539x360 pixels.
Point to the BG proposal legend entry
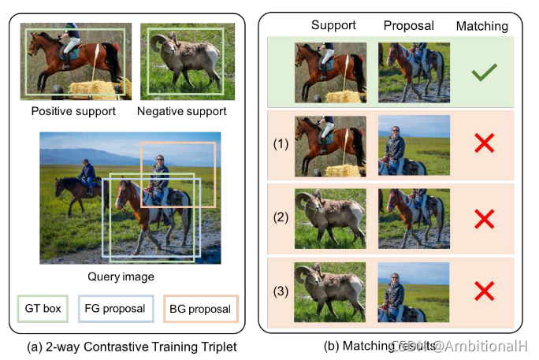[199, 308]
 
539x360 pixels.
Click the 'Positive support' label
[73, 111]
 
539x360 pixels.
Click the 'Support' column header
[333, 25]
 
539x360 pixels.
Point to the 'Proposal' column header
[408, 25]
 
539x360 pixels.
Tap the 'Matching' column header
[482, 26]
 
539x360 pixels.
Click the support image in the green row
[330, 72]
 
